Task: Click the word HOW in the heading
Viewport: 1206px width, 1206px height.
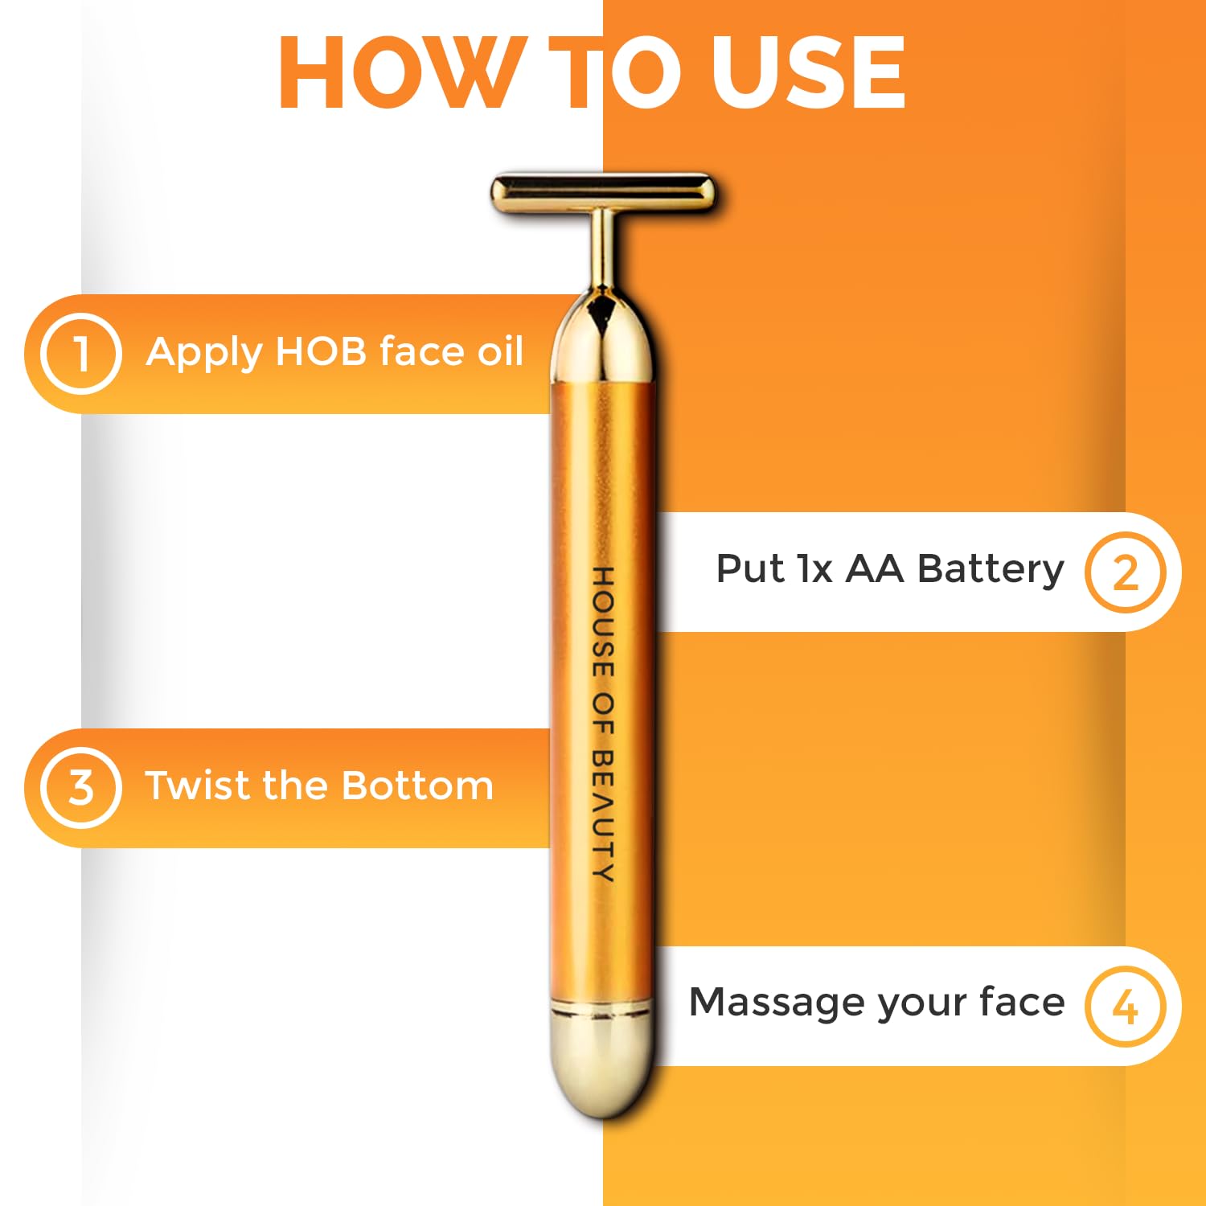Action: click(x=399, y=72)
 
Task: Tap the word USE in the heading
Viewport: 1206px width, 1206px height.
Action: click(x=808, y=72)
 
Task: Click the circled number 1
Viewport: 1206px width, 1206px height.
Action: click(x=81, y=354)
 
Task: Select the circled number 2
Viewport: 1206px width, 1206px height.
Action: click(x=1126, y=572)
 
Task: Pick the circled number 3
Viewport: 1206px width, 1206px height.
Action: click(x=81, y=787)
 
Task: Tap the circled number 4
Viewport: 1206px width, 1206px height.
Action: click(x=1126, y=1006)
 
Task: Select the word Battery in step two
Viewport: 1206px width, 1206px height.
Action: click(x=991, y=571)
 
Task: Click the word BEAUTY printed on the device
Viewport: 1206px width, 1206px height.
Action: click(x=603, y=816)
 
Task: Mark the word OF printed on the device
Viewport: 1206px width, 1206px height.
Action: click(x=603, y=715)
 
